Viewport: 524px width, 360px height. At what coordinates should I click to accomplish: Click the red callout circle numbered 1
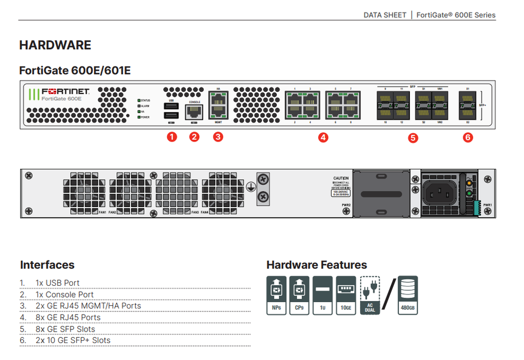pyautogui.click(x=172, y=137)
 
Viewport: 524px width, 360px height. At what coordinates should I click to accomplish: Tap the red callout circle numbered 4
pyautogui.click(x=323, y=138)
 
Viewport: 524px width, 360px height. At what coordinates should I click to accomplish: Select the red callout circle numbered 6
pyautogui.click(x=467, y=138)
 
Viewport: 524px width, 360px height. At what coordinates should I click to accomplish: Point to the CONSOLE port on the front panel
pyautogui.click(x=194, y=112)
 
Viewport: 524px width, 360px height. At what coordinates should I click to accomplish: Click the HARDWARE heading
pyautogui.click(x=55, y=45)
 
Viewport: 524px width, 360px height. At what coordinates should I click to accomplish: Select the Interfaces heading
pyautogui.click(x=47, y=265)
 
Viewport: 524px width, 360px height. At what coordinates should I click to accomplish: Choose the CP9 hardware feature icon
pyautogui.click(x=299, y=294)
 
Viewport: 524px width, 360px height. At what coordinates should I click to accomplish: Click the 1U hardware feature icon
pyautogui.click(x=323, y=294)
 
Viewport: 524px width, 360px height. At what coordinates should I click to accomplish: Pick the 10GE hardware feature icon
pyautogui.click(x=346, y=294)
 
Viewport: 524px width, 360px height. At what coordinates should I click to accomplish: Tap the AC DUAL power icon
pyautogui.click(x=370, y=294)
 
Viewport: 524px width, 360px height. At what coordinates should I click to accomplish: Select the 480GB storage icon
pyautogui.click(x=408, y=294)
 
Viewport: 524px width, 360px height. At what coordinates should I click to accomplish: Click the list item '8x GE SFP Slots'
pyautogui.click(x=65, y=329)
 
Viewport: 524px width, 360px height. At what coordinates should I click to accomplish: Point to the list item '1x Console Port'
pyautogui.click(x=65, y=294)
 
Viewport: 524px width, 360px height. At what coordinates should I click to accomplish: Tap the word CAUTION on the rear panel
pyautogui.click(x=341, y=179)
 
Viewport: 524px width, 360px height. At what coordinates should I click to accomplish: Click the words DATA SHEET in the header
pyautogui.click(x=385, y=15)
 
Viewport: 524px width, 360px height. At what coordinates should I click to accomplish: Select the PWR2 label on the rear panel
pyautogui.click(x=346, y=205)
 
